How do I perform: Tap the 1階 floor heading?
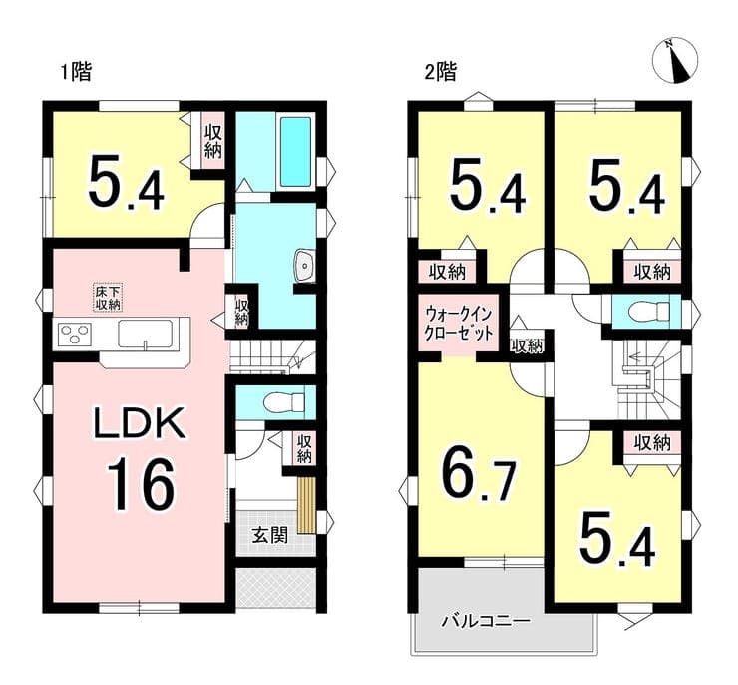coord(76,73)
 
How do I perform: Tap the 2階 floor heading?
coord(441,73)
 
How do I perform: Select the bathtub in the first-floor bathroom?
coord(295,151)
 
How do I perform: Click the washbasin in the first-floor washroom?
coord(304,265)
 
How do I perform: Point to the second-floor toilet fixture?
coord(649,311)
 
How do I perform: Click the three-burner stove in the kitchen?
coord(75,335)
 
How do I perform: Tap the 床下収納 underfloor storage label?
coord(109,298)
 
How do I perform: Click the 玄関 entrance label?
coord(269,535)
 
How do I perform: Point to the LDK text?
coord(139,423)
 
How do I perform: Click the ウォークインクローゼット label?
coord(459,324)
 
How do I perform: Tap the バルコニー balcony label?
coord(486,622)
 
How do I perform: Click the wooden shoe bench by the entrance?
coord(305,506)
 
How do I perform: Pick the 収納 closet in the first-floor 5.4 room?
coord(212,142)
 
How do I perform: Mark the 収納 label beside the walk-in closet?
coord(528,346)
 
